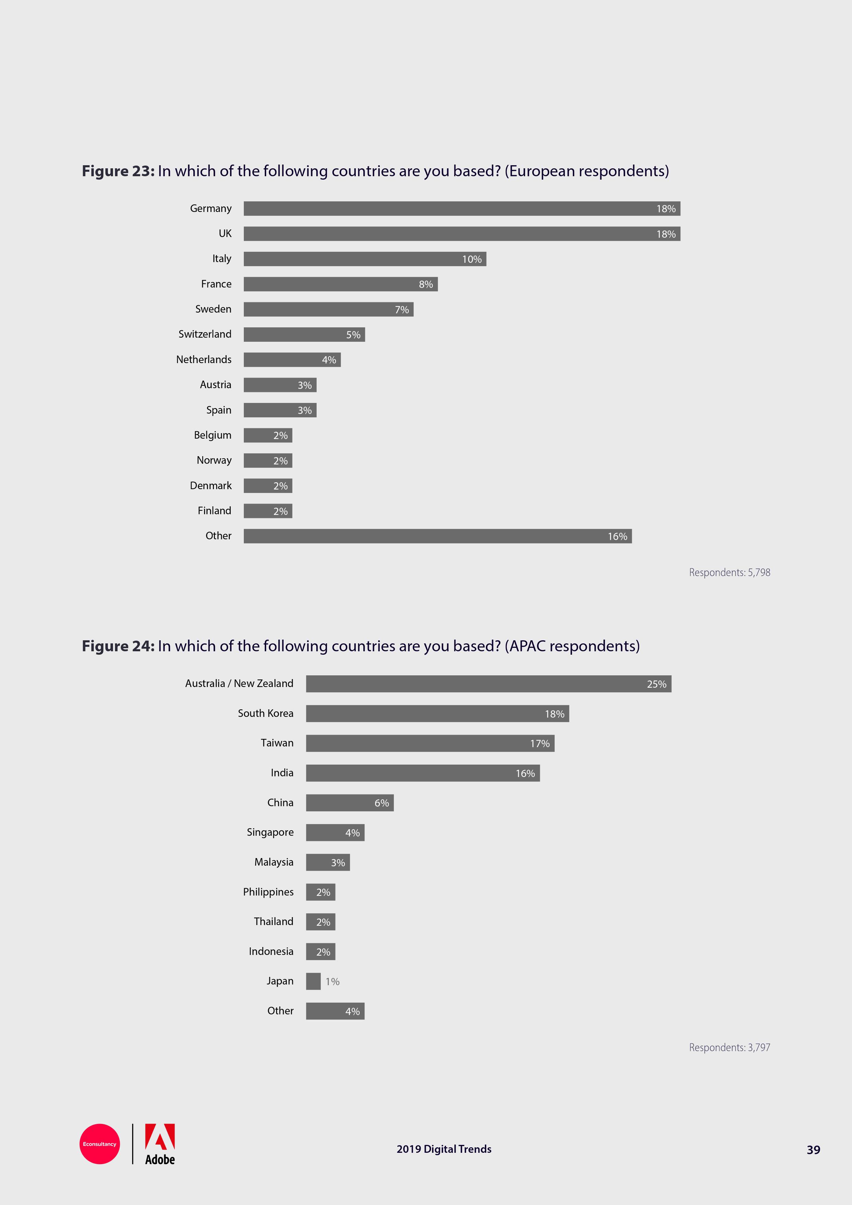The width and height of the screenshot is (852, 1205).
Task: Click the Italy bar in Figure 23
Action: click(x=365, y=259)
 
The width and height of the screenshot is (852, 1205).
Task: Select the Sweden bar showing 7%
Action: click(x=328, y=309)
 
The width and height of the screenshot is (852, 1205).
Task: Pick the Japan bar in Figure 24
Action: click(x=313, y=981)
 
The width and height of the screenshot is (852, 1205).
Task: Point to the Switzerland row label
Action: click(x=205, y=334)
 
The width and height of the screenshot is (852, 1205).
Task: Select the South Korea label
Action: click(x=265, y=713)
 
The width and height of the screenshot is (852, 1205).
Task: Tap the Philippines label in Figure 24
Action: click(x=268, y=892)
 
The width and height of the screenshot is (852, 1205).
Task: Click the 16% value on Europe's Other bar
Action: click(x=617, y=536)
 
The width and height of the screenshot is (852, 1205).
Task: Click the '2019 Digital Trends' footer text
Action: click(x=444, y=1149)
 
